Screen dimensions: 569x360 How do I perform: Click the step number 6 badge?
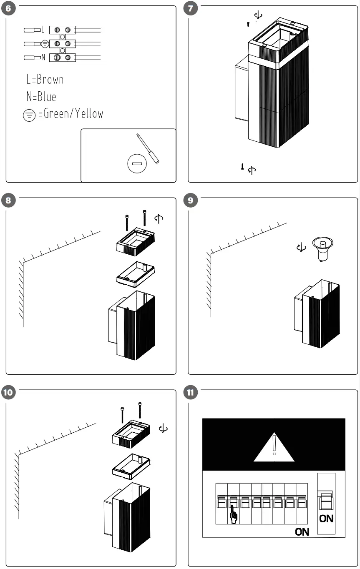click(x=9, y=9)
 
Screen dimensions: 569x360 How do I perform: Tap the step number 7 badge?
click(x=191, y=9)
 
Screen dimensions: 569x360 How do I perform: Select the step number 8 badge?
click(x=9, y=201)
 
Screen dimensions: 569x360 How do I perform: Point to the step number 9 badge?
click(x=191, y=201)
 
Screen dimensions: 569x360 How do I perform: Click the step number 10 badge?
click(x=9, y=392)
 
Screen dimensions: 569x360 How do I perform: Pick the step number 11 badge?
click(x=191, y=392)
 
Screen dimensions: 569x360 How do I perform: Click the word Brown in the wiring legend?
click(x=50, y=79)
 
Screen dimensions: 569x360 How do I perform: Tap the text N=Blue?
click(x=41, y=97)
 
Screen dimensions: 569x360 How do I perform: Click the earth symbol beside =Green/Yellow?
click(x=29, y=115)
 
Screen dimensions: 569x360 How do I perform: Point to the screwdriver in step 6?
click(x=148, y=148)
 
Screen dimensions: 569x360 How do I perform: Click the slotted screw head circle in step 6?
click(x=136, y=163)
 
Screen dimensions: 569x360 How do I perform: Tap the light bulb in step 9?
click(x=322, y=248)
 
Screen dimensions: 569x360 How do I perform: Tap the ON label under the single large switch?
click(x=326, y=518)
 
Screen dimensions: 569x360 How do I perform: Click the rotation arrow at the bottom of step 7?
click(x=252, y=170)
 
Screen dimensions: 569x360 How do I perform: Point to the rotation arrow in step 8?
click(x=159, y=218)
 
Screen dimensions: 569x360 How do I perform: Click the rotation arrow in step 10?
click(x=164, y=428)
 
